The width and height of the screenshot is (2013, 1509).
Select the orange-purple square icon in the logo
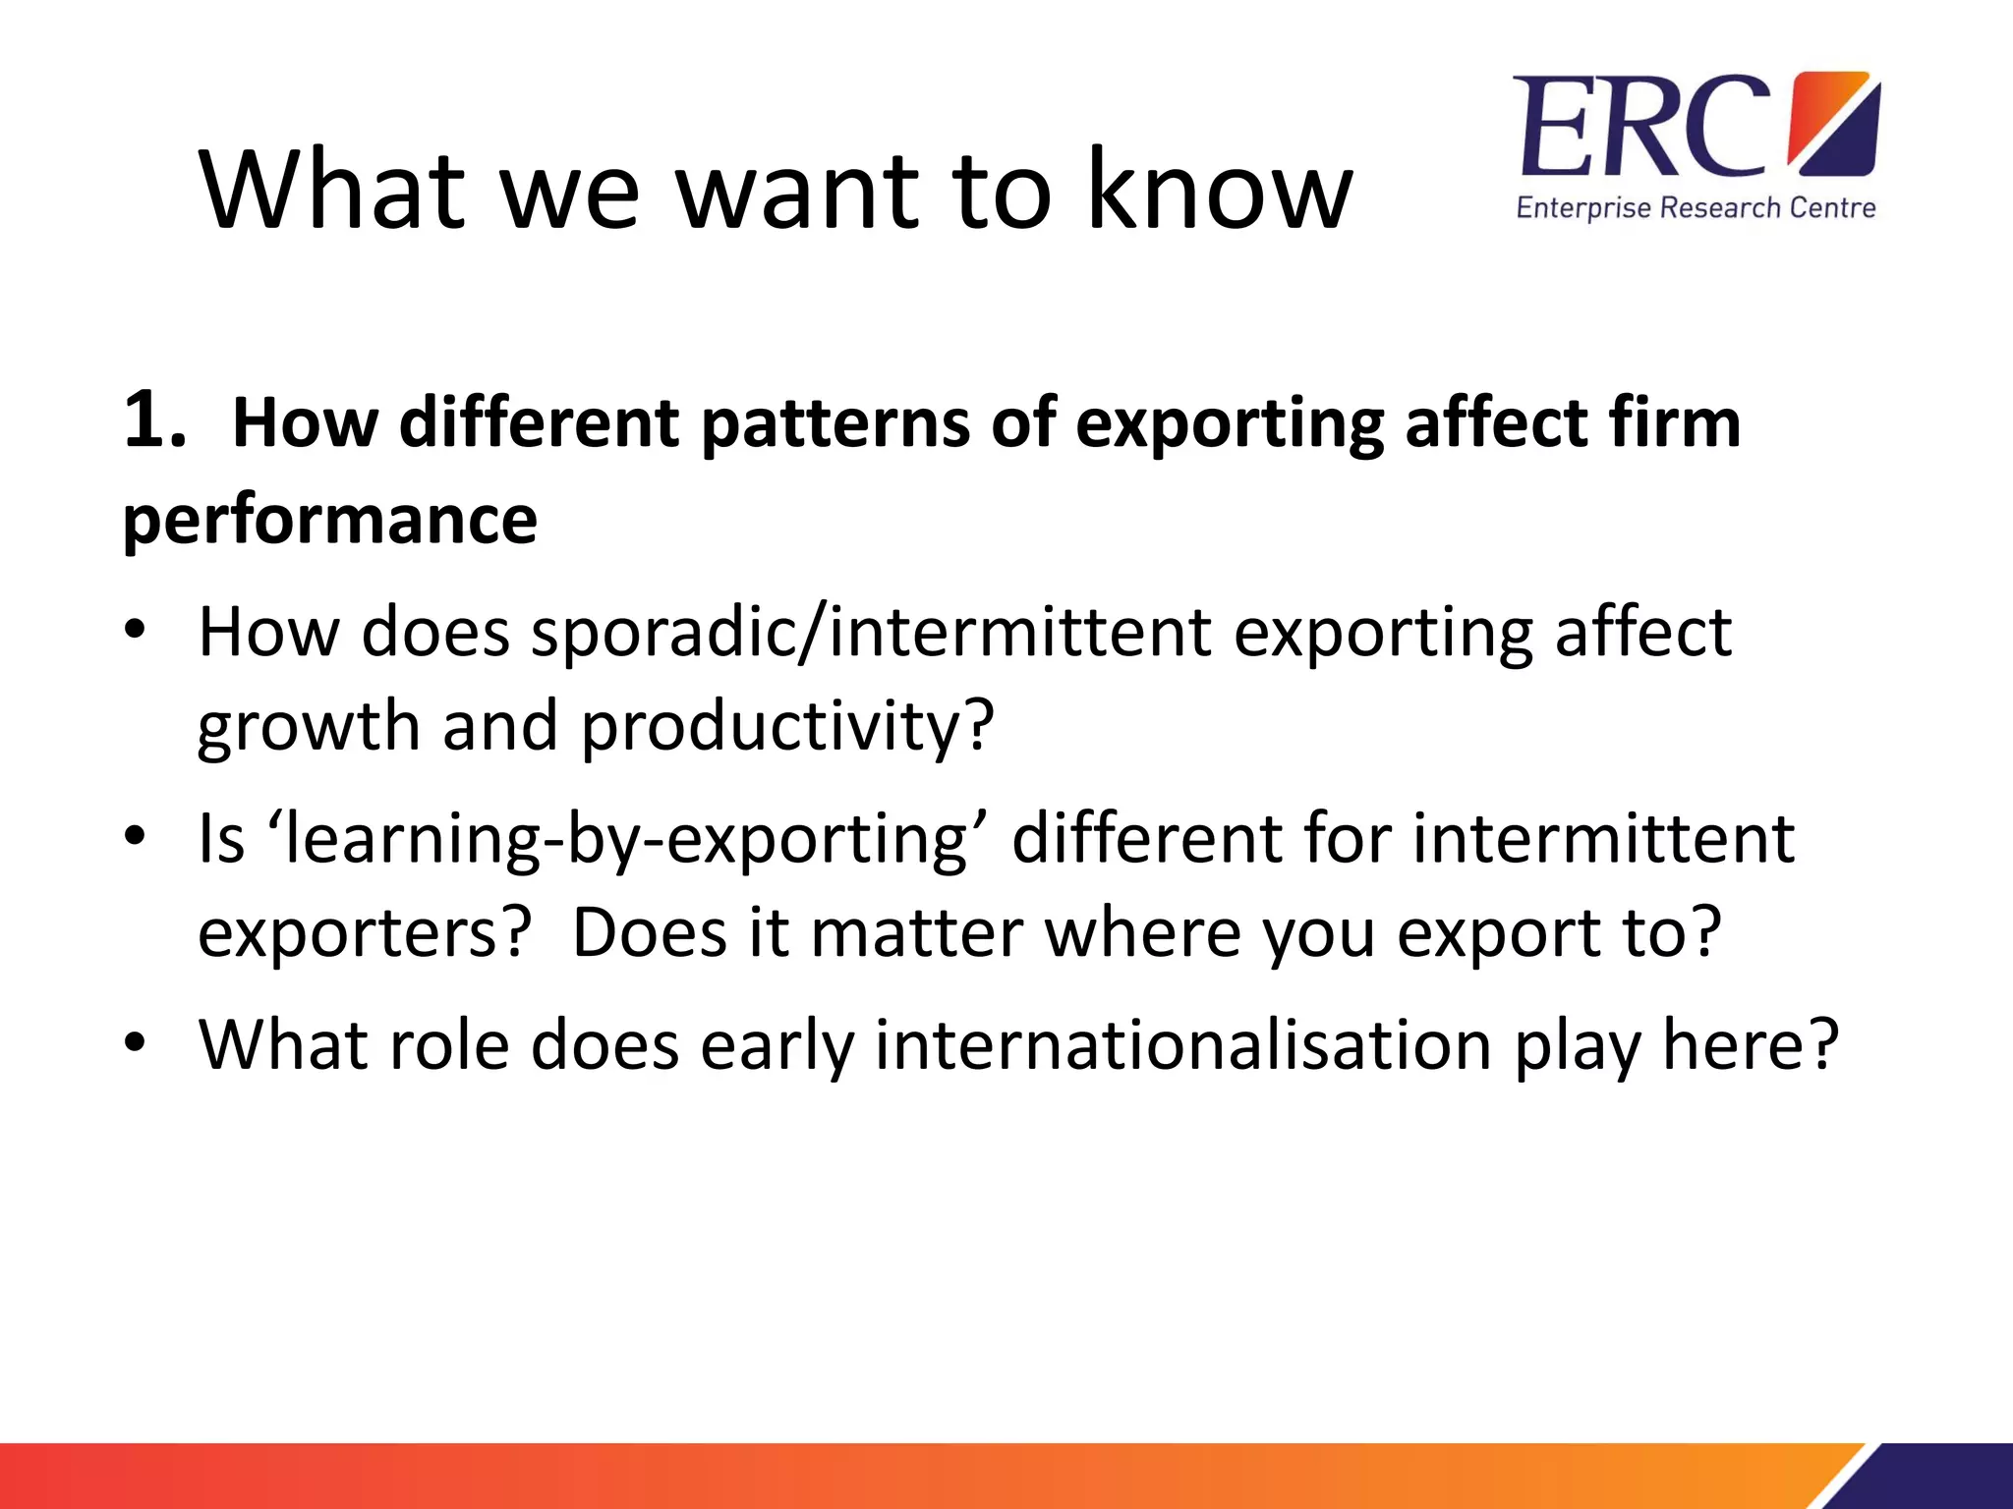1834,124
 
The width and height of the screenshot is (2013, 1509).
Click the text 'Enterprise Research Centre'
1696,208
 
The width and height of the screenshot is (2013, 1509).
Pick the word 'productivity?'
787,727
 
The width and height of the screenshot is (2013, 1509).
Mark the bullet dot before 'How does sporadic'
135,630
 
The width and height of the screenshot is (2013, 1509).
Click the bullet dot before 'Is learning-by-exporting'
135,837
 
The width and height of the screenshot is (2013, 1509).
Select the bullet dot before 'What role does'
135,1041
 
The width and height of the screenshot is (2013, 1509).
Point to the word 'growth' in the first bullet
308,727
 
